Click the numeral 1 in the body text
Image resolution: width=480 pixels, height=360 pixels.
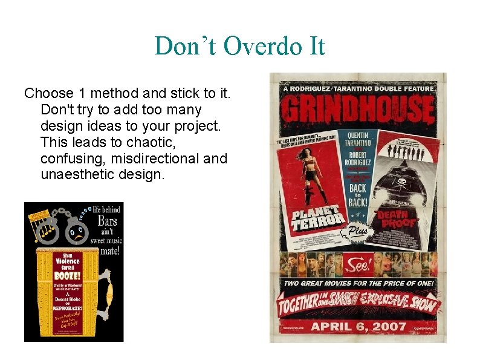pos(83,94)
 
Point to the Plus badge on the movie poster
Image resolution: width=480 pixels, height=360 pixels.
pos(357,232)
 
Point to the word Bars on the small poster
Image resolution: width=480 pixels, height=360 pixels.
pos(106,220)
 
